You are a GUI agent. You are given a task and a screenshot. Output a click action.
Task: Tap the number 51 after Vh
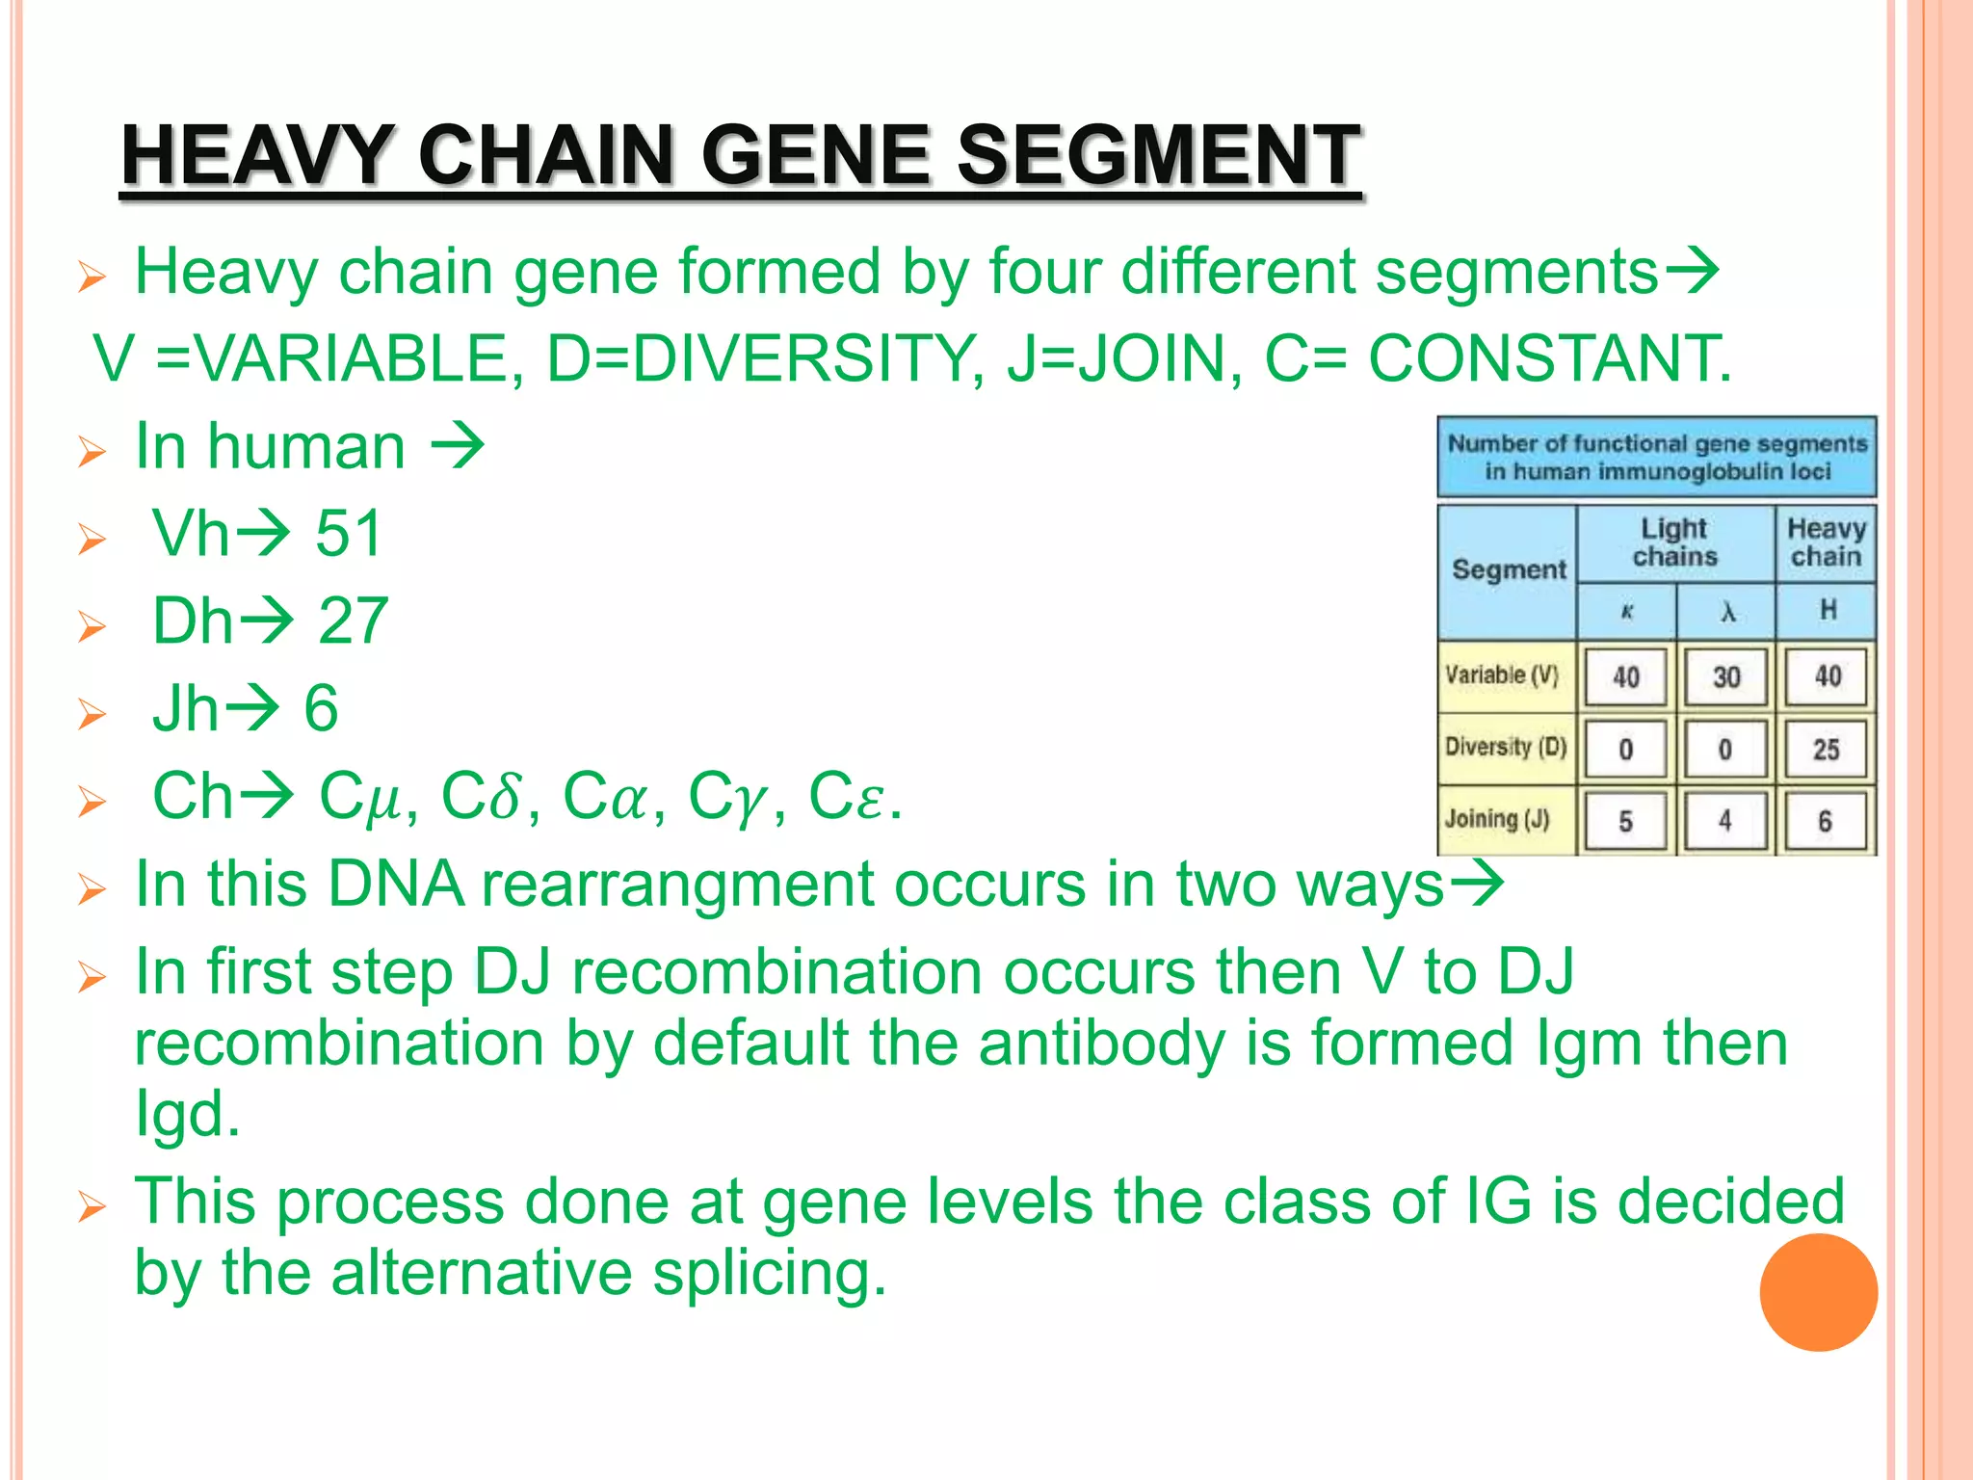point(349,533)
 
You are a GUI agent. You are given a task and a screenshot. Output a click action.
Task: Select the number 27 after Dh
point(353,621)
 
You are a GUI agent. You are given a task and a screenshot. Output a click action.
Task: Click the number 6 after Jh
point(321,708)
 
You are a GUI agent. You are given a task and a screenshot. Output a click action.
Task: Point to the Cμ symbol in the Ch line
point(359,797)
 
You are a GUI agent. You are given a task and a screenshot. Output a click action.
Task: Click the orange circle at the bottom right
point(1818,1292)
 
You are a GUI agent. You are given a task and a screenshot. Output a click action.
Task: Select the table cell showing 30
point(1725,677)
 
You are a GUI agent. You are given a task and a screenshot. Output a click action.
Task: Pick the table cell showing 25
point(1826,750)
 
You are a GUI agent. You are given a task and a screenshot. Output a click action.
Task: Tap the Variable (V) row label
point(1501,675)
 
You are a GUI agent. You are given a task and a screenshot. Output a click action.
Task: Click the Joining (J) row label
point(1497,819)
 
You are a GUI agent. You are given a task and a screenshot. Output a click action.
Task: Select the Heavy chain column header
point(1826,542)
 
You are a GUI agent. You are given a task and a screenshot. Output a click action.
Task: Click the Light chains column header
point(1674,542)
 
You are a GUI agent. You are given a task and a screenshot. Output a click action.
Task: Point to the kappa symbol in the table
point(1626,612)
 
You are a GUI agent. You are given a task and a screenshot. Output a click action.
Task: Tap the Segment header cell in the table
point(1509,569)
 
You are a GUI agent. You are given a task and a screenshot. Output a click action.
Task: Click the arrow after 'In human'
point(457,446)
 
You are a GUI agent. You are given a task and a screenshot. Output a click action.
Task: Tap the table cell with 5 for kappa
point(1625,822)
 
